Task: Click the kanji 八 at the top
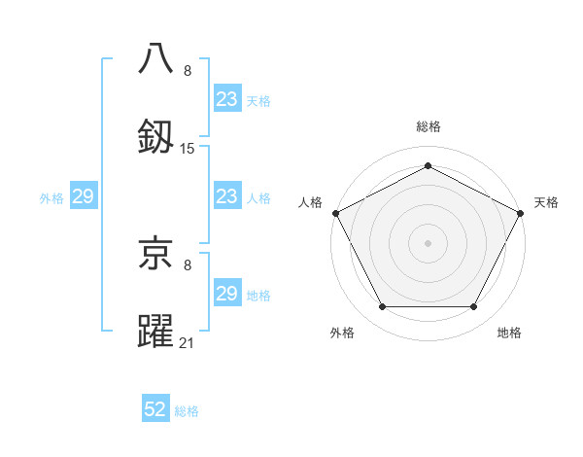click(x=156, y=58)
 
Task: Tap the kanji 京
click(x=156, y=255)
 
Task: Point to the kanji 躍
click(x=156, y=331)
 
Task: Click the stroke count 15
click(x=188, y=149)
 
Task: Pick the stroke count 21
click(x=188, y=342)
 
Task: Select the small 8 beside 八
click(x=188, y=71)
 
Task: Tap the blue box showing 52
click(x=155, y=410)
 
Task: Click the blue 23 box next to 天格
click(x=226, y=99)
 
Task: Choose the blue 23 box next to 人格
click(x=226, y=197)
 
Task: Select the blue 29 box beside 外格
click(x=83, y=197)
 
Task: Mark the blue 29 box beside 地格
click(x=226, y=295)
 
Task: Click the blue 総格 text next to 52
click(x=187, y=411)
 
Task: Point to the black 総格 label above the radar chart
click(x=428, y=127)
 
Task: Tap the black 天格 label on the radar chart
click(x=546, y=203)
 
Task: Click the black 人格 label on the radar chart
click(x=310, y=203)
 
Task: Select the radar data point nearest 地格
click(x=474, y=307)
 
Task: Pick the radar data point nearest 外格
click(x=382, y=307)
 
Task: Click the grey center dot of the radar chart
click(x=428, y=242)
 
